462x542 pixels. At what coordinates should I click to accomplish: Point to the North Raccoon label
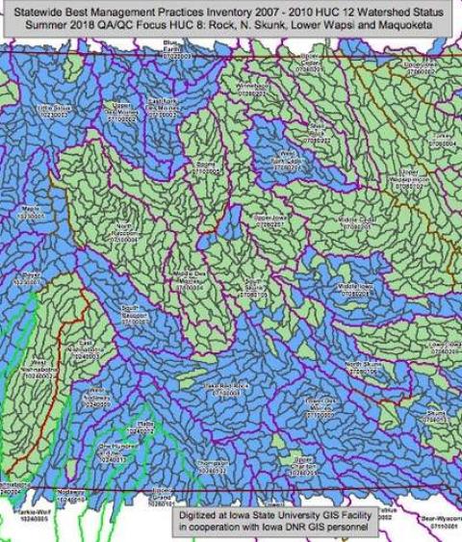point(131,231)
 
